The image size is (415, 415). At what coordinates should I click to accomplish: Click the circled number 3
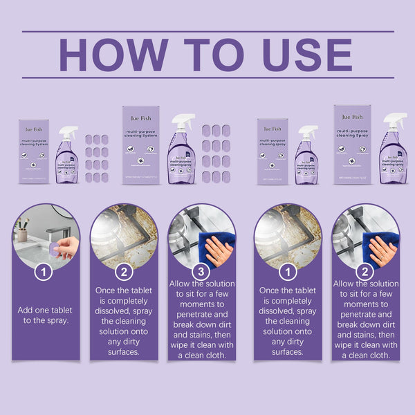201,272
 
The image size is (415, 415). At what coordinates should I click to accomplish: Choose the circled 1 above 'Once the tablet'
288,272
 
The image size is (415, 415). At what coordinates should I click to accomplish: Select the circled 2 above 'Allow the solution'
365,272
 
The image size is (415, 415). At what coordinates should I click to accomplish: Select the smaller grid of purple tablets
97,158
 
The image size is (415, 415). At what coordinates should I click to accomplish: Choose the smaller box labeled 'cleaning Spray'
272,151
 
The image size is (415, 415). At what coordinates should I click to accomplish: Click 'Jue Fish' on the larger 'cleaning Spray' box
352,118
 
